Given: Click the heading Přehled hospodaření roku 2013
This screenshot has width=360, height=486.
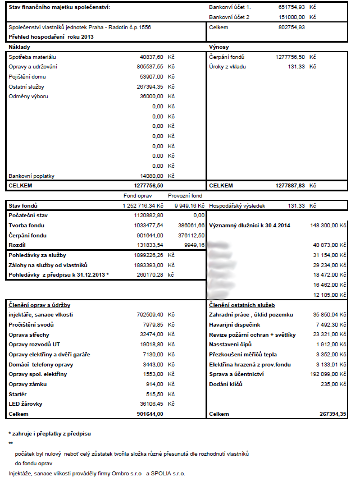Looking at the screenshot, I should pos(51,36).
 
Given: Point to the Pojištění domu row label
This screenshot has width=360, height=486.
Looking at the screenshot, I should pos(27,77).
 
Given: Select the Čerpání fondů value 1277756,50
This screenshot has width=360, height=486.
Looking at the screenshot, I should pos(290,57).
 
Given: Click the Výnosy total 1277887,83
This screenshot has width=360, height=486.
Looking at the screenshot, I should pos(290,185).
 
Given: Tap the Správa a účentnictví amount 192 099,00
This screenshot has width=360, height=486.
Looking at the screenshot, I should pos(328,373).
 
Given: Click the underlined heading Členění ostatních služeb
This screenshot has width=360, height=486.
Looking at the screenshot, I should pos(241,305).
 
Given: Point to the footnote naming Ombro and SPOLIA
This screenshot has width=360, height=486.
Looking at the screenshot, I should pos(97,474).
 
